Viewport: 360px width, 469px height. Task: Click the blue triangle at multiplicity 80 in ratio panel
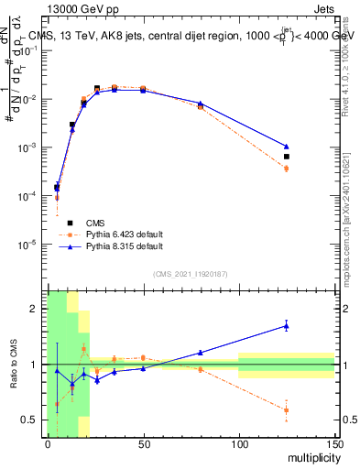[201, 352]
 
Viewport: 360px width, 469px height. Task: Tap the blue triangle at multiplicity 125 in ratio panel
[287, 325]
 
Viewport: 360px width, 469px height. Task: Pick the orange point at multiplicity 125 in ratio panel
[287, 409]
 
